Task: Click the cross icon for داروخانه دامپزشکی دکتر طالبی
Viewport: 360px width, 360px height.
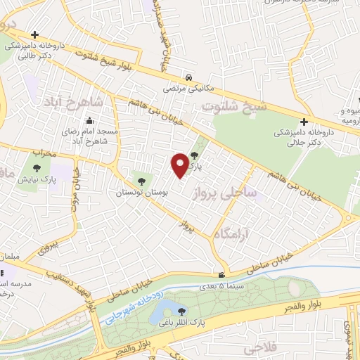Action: [34, 34]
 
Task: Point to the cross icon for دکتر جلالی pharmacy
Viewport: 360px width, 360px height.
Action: [304, 122]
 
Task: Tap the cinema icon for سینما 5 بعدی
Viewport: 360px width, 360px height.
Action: [221, 275]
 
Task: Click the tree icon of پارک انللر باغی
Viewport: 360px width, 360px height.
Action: [183, 311]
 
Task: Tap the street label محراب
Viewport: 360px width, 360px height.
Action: [43, 152]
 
